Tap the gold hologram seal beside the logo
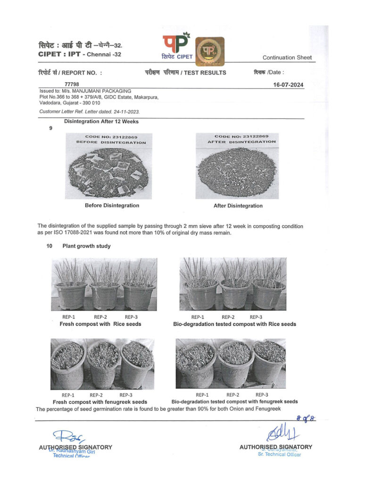click(210, 49)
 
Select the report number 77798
click(72, 84)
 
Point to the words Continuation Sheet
click(287, 58)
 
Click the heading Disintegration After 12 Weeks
click(101, 121)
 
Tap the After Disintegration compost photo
click(238, 166)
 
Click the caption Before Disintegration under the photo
click(112, 206)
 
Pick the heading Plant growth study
click(86, 246)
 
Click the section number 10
click(49, 246)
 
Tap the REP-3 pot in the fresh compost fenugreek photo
click(136, 365)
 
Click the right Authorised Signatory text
click(275, 447)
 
